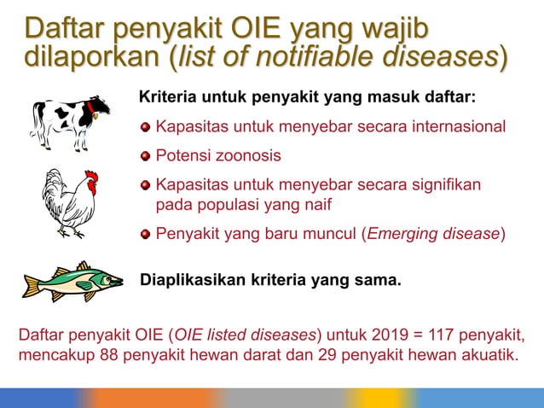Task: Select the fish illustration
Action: tap(73, 281)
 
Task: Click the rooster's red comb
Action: tap(90, 178)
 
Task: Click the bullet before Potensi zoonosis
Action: tap(146, 156)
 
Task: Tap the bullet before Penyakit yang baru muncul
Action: tap(146, 234)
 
